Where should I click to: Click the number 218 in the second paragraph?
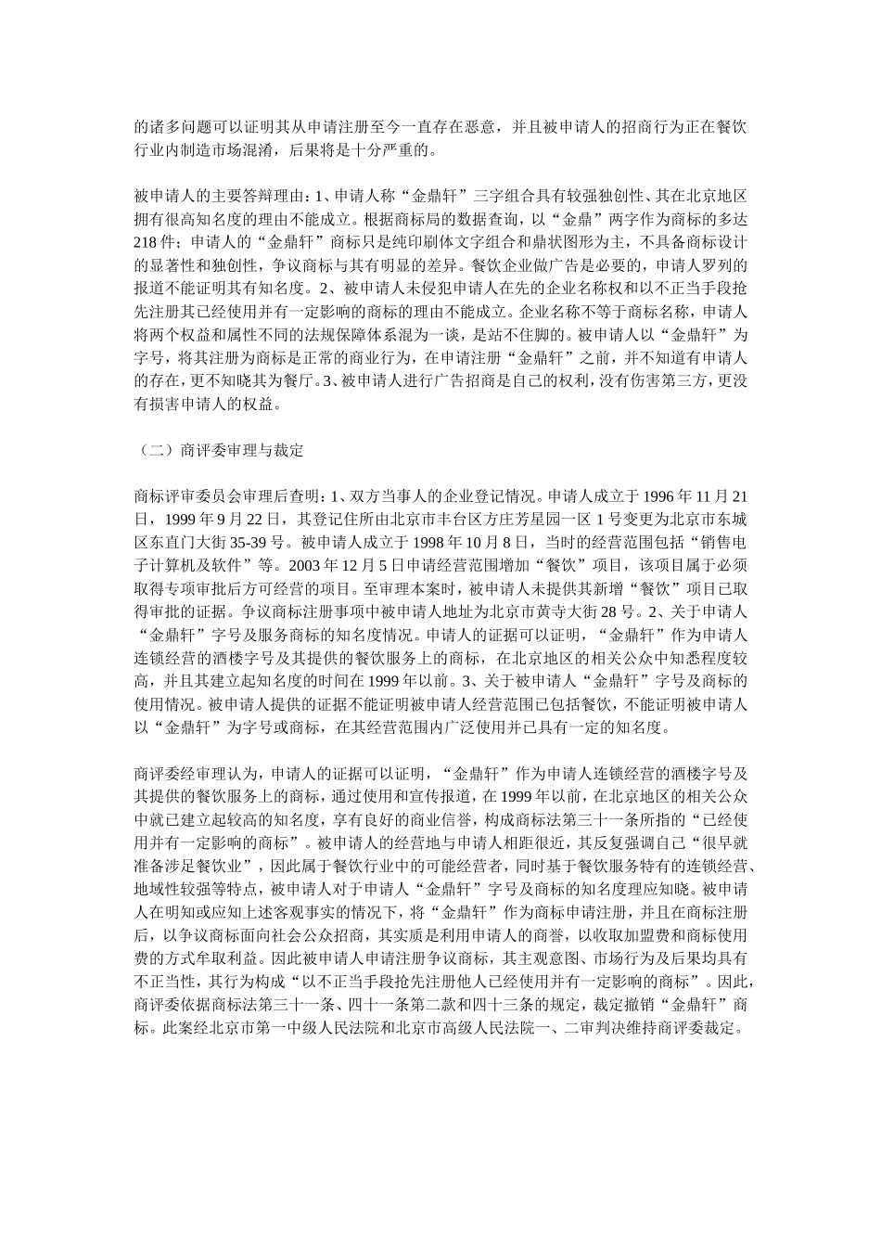(x=147, y=242)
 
